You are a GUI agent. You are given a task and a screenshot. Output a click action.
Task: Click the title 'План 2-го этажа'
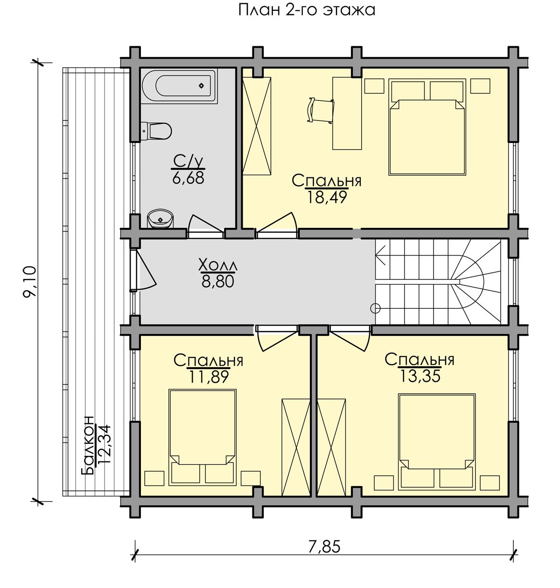coord(307,10)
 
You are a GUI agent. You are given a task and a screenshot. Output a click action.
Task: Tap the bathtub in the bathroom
coord(179,86)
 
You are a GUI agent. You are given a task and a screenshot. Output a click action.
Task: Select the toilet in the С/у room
coord(156,131)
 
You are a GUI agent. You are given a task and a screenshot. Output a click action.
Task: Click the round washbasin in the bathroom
coord(161,219)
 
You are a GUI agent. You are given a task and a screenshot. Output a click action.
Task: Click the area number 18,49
coord(327,197)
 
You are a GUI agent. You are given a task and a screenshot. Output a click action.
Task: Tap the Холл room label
coord(218,265)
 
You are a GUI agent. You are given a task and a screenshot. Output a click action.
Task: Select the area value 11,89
coord(209,377)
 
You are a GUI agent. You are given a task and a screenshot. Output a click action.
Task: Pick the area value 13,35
coord(420,376)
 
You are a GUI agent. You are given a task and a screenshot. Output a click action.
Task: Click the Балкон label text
coord(88,445)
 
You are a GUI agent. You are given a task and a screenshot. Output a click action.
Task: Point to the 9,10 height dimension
coord(30,281)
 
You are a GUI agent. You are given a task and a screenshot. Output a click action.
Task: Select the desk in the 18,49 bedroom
coord(347,113)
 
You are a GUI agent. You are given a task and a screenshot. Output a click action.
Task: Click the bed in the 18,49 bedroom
coord(427,127)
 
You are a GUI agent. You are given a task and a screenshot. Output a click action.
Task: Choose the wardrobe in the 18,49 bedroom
coord(257,126)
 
